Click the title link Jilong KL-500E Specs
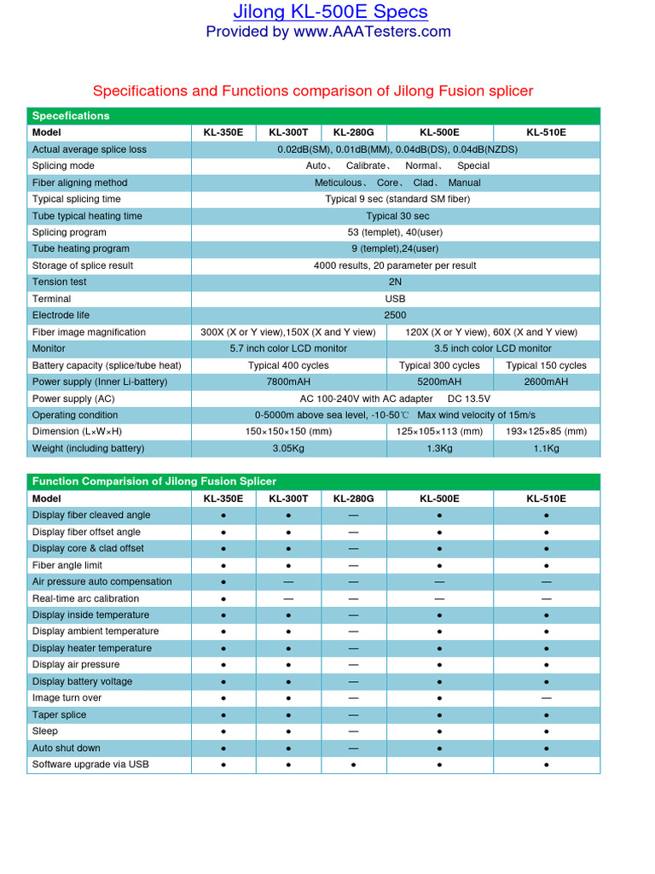(331, 12)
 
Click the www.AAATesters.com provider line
(328, 32)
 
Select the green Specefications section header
(71, 116)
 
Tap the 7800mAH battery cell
(288, 382)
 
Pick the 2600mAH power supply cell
(546, 382)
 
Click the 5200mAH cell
(439, 382)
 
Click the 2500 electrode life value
(395, 316)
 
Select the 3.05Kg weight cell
(288, 448)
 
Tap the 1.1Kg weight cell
(546, 448)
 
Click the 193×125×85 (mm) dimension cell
(546, 432)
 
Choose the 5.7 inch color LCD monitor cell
(288, 349)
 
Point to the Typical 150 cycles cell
(546, 365)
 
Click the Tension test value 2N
(395, 283)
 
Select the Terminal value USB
(395, 299)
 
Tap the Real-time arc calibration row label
(85, 598)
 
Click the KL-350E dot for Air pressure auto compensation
(223, 582)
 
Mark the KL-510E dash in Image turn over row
(546, 698)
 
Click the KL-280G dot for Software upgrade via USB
(353, 765)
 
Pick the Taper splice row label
(59, 715)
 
